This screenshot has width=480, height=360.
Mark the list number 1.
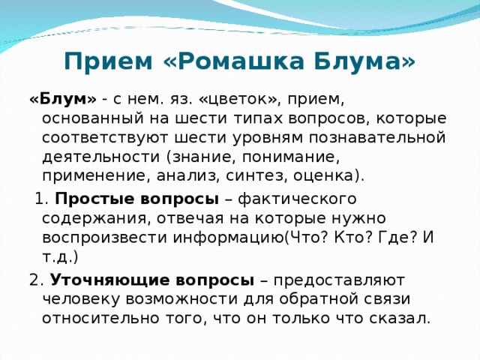click(x=42, y=198)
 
